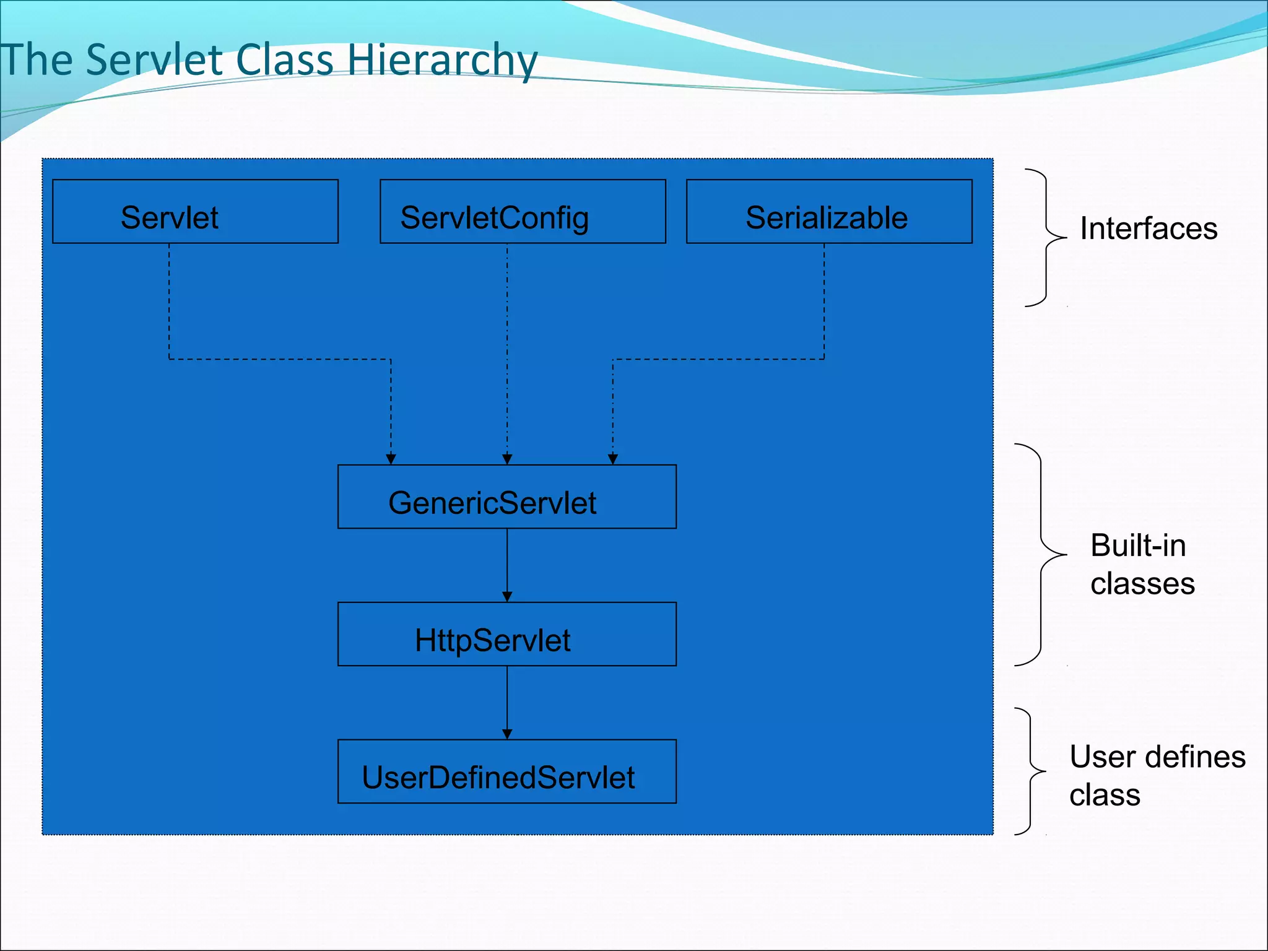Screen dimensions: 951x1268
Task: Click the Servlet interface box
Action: point(195,212)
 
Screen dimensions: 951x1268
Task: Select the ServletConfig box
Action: point(523,212)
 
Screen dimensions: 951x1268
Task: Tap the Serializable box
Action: point(829,212)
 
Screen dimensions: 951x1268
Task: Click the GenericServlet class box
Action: point(506,497)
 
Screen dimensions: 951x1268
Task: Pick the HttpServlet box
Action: point(506,635)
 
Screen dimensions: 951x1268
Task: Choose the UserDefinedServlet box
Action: point(506,772)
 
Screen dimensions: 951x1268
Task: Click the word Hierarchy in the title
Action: point(442,61)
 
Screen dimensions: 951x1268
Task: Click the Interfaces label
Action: point(1149,228)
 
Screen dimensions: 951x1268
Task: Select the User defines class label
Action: point(1156,776)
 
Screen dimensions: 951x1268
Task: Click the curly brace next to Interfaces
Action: point(1046,238)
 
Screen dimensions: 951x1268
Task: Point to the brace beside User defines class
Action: point(1031,771)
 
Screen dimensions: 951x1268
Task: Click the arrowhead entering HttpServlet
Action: point(507,597)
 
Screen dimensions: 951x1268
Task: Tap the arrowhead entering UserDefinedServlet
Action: point(507,734)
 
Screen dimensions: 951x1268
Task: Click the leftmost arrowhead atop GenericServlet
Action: point(391,459)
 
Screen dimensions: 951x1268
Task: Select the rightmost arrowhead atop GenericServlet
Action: point(613,459)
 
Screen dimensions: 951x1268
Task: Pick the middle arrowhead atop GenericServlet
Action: point(507,459)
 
